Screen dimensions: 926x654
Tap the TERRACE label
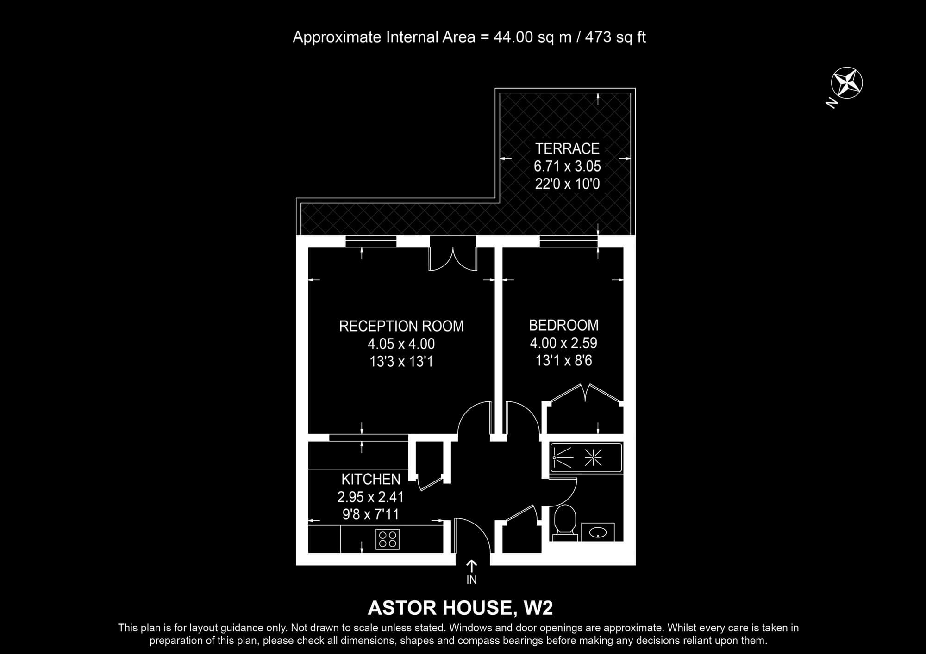click(567, 148)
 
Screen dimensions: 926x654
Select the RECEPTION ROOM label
click(401, 326)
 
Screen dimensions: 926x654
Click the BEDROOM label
click(563, 325)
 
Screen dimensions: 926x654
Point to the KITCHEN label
click(371, 479)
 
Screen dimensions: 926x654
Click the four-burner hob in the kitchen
click(388, 539)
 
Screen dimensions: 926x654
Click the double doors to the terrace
click(453, 259)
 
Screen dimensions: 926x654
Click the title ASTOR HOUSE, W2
click(460, 608)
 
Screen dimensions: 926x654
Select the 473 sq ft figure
click(615, 37)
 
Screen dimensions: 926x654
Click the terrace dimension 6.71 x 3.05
click(567, 166)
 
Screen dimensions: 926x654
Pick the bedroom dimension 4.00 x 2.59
click(563, 343)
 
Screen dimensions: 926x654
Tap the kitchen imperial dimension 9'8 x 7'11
click(370, 514)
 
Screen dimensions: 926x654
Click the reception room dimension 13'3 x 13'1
click(401, 361)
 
